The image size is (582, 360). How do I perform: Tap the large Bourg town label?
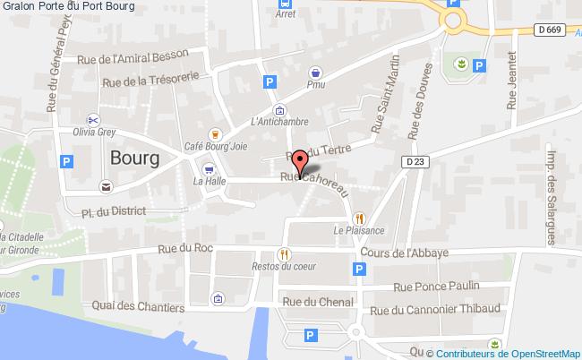[134, 158]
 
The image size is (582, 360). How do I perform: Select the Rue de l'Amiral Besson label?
[134, 56]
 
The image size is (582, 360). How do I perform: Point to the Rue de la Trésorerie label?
[148, 79]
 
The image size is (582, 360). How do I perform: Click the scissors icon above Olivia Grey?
[92, 119]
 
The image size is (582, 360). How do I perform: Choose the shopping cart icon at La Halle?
[209, 167]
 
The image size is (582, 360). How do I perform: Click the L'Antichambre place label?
[279, 122]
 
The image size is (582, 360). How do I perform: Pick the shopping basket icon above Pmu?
[316, 73]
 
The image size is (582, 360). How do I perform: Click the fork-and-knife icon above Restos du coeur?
[285, 253]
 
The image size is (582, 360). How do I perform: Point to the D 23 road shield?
[414, 162]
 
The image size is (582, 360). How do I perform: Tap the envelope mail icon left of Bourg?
[107, 187]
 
